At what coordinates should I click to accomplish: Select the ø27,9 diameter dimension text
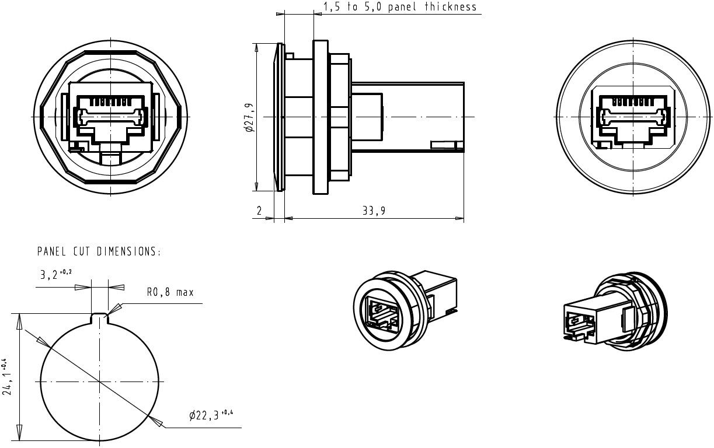249,117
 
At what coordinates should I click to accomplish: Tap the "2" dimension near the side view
260,211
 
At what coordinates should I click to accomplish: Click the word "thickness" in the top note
450,8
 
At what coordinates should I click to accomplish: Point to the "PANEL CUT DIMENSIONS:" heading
99,252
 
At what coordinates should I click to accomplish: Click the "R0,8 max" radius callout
170,292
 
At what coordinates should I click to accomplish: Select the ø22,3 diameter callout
211,415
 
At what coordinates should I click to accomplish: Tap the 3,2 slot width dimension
56,275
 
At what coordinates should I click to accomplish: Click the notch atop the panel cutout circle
100,318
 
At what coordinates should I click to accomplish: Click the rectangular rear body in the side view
409,117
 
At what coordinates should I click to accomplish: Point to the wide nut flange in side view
321,117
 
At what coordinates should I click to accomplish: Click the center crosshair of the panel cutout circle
100,383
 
